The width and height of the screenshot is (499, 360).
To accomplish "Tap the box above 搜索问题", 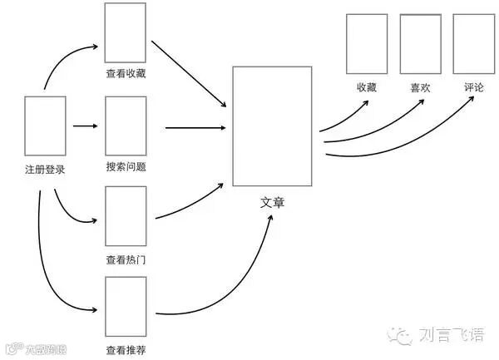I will point(126,125).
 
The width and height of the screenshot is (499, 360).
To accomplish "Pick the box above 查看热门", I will point(126,215).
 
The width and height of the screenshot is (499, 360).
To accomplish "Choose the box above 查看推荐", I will point(126,305).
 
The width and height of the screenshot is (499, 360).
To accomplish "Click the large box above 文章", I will point(272,126).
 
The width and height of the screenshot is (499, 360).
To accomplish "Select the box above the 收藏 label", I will point(366,43).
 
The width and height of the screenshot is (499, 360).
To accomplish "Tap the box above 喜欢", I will point(420,43).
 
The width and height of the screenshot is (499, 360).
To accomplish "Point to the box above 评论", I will point(473,43).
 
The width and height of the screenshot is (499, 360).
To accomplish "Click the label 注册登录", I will point(45,170).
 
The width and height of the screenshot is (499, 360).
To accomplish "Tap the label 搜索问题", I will point(126,166).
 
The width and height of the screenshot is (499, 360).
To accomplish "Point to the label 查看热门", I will point(126,259).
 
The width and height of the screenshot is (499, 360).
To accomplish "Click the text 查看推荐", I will point(126,349).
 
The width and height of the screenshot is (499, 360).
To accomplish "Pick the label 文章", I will point(272,202).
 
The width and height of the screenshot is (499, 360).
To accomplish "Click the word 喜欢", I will point(420,87).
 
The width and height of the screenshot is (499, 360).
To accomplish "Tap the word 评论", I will point(473,87).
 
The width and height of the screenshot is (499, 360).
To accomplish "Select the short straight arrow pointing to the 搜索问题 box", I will point(85,126).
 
